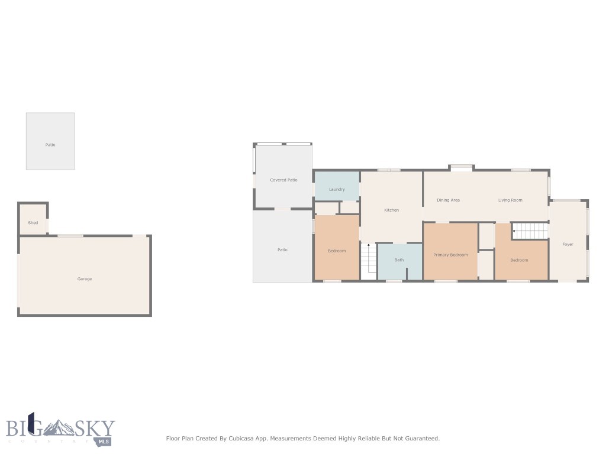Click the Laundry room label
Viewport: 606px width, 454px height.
click(337, 189)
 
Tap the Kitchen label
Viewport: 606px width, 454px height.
click(392, 210)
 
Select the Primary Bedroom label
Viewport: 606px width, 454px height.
click(450, 255)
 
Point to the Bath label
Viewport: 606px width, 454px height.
click(399, 260)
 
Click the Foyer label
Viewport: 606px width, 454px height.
click(568, 244)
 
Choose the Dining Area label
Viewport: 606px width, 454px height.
click(448, 200)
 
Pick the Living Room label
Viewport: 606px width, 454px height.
click(510, 200)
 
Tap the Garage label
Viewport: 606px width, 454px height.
click(85, 279)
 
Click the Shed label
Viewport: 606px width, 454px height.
click(33, 223)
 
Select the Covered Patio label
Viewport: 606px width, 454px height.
click(283, 180)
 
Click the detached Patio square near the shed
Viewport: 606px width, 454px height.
click(50, 141)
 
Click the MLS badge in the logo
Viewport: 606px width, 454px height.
click(105, 441)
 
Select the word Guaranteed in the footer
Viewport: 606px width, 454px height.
click(420, 439)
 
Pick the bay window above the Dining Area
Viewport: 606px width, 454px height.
click(462, 168)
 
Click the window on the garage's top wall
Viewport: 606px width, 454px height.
click(70, 236)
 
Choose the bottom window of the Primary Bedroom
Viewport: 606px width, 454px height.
click(446, 281)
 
